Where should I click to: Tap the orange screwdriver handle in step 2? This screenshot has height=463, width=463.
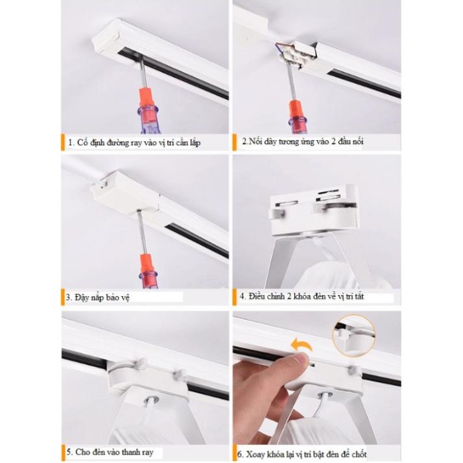coord(296,109)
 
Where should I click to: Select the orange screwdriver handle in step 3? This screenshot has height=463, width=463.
coord(147,264)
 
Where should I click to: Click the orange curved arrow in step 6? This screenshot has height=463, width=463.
coord(302,345)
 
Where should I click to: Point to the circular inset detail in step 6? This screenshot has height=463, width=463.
coord(354,335)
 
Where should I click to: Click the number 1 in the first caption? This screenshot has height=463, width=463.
coord(70,143)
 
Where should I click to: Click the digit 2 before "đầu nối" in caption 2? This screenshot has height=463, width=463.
coord(333,142)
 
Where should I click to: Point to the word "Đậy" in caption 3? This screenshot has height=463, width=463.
coord(82,297)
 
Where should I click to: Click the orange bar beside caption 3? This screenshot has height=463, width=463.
coord(63,297)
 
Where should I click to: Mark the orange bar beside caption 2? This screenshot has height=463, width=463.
coord(235,142)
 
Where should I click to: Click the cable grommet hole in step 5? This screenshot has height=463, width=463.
coord(151,400)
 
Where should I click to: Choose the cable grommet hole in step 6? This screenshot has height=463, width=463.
coord(324,394)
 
